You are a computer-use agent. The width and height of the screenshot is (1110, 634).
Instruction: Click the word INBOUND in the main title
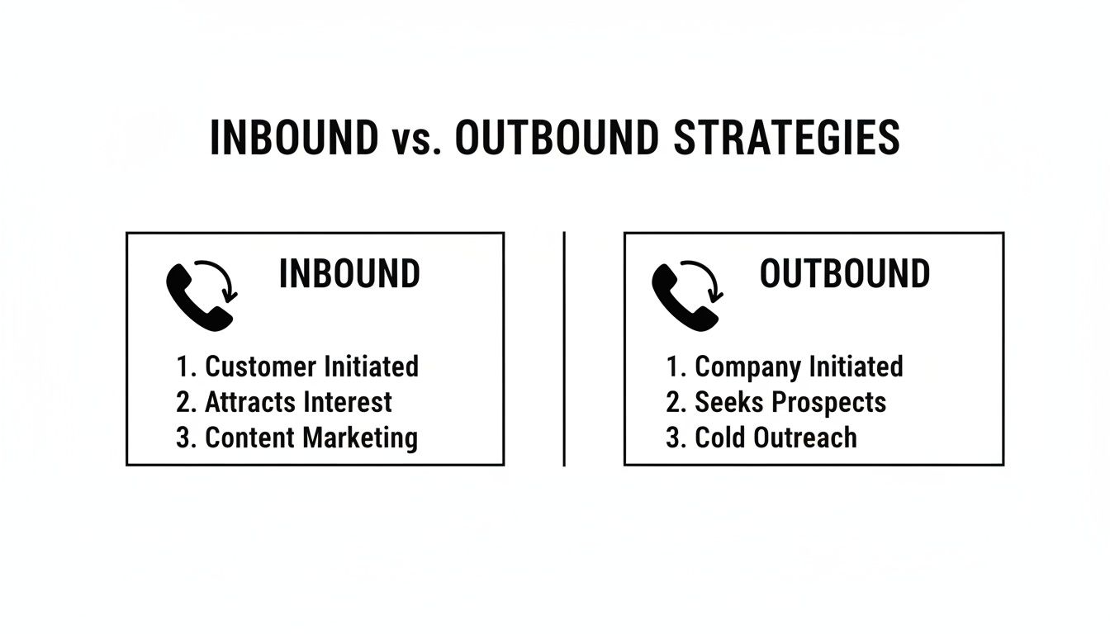[x=293, y=139]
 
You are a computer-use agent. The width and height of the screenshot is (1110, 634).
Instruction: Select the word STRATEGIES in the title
[x=786, y=139]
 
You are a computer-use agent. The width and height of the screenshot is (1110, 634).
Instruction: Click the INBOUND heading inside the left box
[x=349, y=274]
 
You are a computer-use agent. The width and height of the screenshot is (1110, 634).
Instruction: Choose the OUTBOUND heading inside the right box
[x=844, y=274]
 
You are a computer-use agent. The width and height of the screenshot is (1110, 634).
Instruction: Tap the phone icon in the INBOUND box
[x=195, y=297]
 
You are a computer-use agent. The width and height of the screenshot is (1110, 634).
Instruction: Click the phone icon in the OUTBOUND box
[x=681, y=297]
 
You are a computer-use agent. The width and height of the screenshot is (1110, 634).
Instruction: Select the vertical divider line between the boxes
[x=564, y=348]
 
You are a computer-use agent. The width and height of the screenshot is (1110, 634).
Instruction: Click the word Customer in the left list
[x=260, y=366]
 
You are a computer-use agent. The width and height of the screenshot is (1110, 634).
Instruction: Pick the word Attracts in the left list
[x=250, y=402]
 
